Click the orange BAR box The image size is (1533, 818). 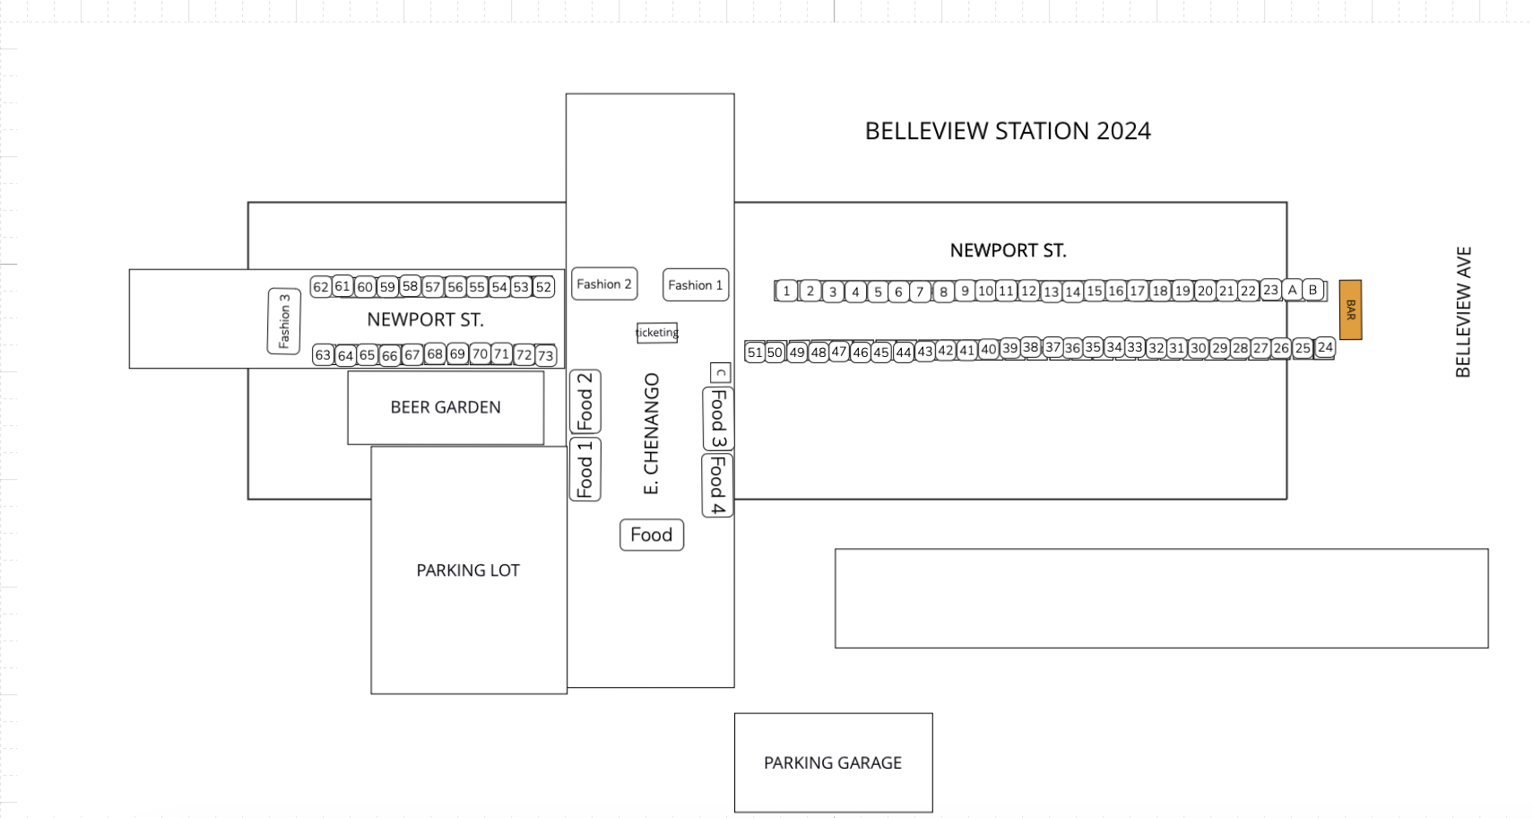(1350, 310)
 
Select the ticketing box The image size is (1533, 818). (657, 333)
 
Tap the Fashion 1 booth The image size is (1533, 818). (695, 285)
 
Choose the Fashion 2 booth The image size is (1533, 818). (604, 284)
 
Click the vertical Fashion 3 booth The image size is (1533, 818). (284, 321)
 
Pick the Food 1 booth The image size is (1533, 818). (585, 469)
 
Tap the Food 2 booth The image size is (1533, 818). (585, 402)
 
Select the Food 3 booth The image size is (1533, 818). (718, 419)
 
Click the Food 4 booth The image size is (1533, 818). (717, 485)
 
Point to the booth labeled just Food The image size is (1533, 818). (652, 535)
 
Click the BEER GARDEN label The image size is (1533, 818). (446, 407)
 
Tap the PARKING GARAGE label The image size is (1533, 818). (833, 763)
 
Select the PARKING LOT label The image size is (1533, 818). (468, 570)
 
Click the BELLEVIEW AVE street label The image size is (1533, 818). (1463, 312)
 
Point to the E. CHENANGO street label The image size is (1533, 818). (652, 433)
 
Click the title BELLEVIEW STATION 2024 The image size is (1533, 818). (1008, 131)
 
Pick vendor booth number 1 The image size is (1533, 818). (786, 291)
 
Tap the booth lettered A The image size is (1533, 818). (1292, 290)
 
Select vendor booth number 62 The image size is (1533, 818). (321, 287)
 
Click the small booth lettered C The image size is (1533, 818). (721, 372)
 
